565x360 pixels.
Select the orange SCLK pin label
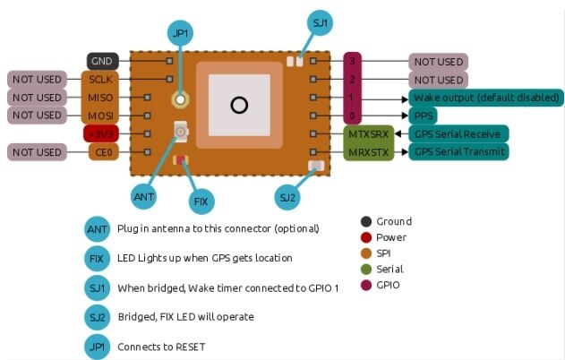click(98, 79)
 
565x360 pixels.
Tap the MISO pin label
click(98, 98)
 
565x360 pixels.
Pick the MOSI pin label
click(98, 116)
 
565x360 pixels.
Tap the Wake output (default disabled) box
click(486, 98)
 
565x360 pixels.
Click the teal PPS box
click(423, 116)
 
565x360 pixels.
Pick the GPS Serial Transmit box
click(458, 152)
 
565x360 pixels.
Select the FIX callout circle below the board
click(200, 201)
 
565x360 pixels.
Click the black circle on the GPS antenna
click(238, 106)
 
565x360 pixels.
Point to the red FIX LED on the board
click(181, 160)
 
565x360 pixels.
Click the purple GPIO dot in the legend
click(365, 286)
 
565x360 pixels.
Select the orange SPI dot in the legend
click(365, 253)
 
